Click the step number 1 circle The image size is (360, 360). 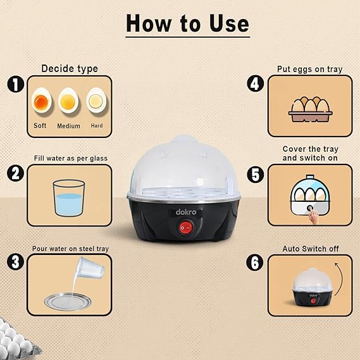pyautogui.click(x=16, y=84)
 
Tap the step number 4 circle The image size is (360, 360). pyautogui.click(x=256, y=84)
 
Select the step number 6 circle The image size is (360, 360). pyautogui.click(x=255, y=263)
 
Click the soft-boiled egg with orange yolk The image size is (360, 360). pyautogui.click(x=42, y=101)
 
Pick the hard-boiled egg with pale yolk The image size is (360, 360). pyautogui.click(x=96, y=101)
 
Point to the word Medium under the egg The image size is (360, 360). pyautogui.click(x=69, y=126)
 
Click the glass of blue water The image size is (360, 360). pyautogui.click(x=69, y=198)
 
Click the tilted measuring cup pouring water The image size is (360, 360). pyautogui.click(x=91, y=268)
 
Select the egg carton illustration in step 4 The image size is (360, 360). pyautogui.click(x=310, y=109)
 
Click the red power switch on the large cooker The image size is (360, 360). pyautogui.click(x=186, y=228)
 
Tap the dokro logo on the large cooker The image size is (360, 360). pyautogui.click(x=186, y=212)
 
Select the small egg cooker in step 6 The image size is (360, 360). pyautogui.click(x=313, y=287)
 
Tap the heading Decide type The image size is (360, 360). pyautogui.click(x=70, y=69)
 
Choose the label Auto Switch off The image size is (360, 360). pyautogui.click(x=311, y=249)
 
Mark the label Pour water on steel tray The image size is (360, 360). pyautogui.click(x=70, y=249)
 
